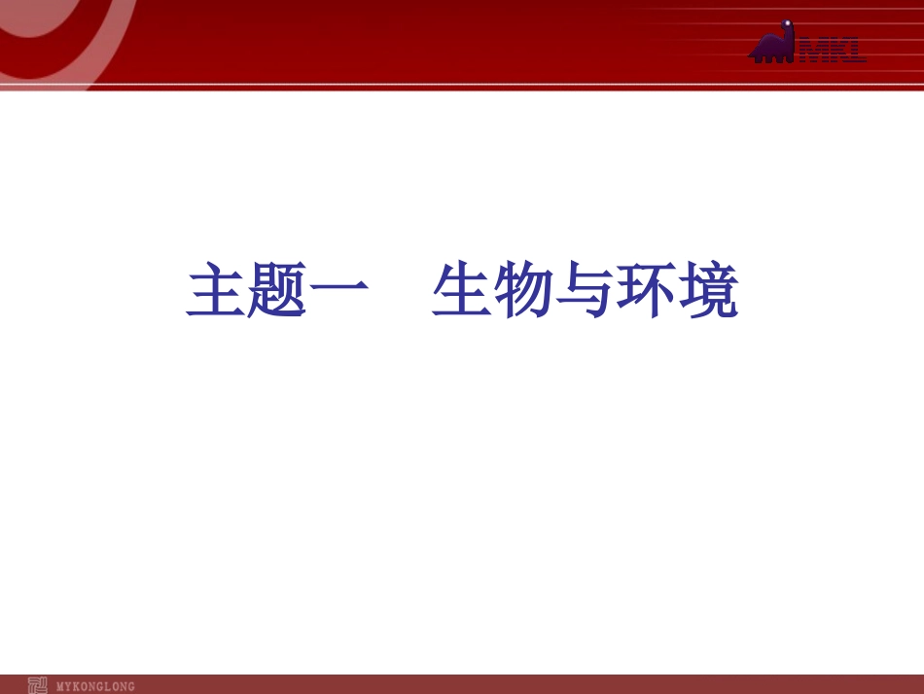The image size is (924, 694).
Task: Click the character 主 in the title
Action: (215, 291)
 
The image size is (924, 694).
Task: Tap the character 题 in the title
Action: (276, 291)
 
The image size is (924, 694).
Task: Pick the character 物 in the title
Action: (522, 291)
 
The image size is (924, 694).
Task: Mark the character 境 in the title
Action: (707, 291)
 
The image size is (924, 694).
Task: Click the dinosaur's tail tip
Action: (751, 57)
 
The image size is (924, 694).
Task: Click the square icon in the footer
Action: (38, 685)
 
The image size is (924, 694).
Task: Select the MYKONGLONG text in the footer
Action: (95, 686)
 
